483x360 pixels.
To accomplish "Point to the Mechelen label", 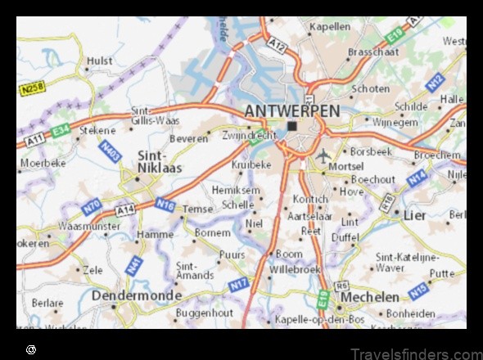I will (x=370, y=296).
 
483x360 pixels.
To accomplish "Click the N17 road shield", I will (x=237, y=286).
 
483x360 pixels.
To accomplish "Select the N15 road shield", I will (x=418, y=290).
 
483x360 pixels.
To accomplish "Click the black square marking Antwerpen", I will (x=292, y=126).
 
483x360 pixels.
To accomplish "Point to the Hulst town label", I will (x=99, y=61).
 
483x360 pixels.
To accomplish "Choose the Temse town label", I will (x=198, y=209).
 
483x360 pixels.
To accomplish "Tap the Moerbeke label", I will (x=42, y=163).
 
